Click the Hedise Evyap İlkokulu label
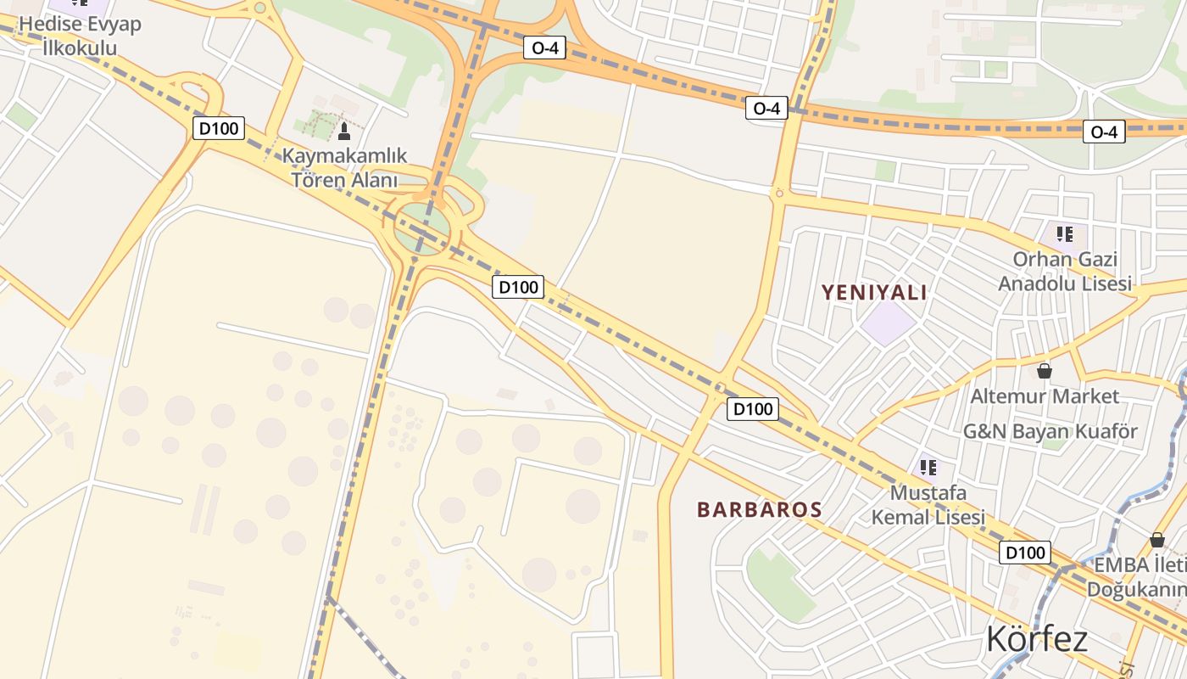[80, 35]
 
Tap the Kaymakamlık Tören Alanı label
[344, 168]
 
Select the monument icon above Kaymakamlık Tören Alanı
[343, 132]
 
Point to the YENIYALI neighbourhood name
[873, 293]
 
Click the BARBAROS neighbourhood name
[759, 509]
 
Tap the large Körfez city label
[1036, 638]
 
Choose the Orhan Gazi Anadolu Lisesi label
[1064, 271]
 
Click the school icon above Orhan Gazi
[1064, 233]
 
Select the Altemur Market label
[1044, 396]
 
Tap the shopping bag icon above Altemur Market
[1044, 371]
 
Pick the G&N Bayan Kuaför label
[1050, 431]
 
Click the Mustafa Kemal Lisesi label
[928, 504]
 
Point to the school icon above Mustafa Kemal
[928, 467]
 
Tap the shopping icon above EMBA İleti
[1156, 540]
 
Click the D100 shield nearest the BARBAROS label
[752, 409]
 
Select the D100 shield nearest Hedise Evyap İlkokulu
[220, 129]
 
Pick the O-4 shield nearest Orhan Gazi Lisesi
[1103, 132]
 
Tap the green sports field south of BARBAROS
[778, 584]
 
